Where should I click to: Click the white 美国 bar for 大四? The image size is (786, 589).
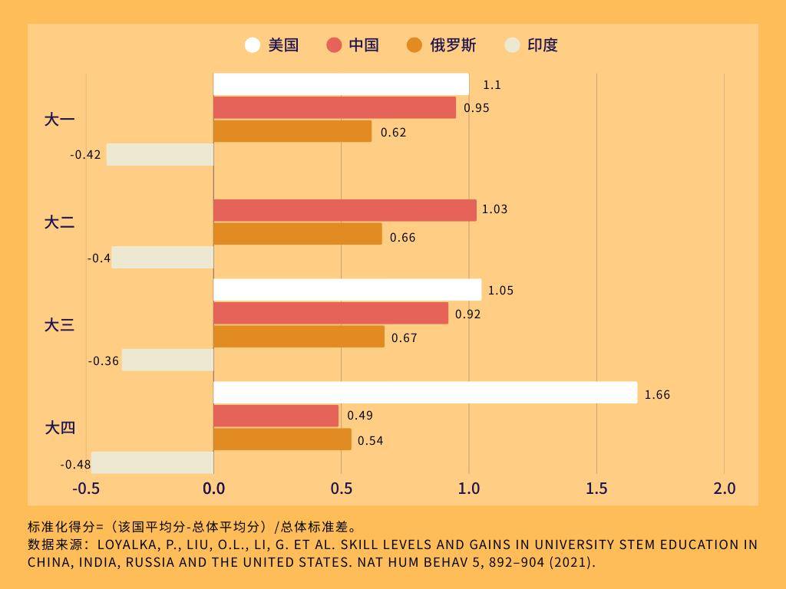click(425, 393)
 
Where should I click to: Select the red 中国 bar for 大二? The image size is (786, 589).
click(345, 210)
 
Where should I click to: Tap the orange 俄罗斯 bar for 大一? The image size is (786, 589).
click(292, 131)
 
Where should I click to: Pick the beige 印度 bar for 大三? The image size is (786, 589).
click(167, 360)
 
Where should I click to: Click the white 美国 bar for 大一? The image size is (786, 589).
click(341, 84)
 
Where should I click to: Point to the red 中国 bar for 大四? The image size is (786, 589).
click(276, 416)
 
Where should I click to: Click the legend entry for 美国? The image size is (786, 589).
click(272, 45)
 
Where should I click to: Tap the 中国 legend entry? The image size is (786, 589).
click(353, 45)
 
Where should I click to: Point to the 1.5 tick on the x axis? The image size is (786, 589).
click(596, 489)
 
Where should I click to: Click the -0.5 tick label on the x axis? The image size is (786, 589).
click(86, 489)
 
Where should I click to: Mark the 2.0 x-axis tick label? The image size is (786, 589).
click(724, 489)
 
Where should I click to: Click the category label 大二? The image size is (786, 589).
click(59, 222)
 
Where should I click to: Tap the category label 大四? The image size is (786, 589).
click(59, 427)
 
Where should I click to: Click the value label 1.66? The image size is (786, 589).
click(657, 395)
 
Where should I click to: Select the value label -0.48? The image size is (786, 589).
click(75, 465)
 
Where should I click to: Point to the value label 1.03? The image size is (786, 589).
click(494, 209)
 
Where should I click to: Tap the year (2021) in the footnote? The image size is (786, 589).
click(570, 561)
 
